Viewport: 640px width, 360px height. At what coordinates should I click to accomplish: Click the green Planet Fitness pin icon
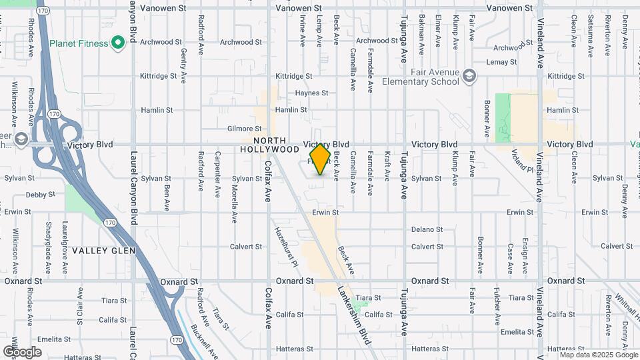119,44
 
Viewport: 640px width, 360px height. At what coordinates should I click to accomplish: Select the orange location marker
321,159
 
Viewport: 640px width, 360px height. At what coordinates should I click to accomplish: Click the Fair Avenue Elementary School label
421,77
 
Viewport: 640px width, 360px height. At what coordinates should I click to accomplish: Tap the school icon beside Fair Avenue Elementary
470,76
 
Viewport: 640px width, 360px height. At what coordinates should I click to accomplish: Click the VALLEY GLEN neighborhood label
103,251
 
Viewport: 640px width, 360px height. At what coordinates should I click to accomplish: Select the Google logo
22,352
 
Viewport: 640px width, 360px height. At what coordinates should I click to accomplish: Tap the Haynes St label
311,93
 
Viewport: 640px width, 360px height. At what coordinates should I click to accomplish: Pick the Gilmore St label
244,128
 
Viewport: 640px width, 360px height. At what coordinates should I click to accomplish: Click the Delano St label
427,229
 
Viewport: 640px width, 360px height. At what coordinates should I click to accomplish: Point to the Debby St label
40,195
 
